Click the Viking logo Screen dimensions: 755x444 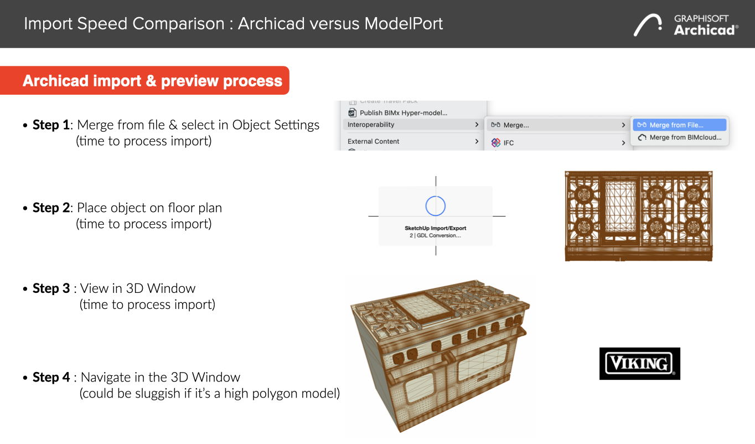pos(639,363)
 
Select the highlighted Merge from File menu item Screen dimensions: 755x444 pos(680,125)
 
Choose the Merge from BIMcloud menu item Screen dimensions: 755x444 pos(680,137)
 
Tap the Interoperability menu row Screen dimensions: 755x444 pos(413,125)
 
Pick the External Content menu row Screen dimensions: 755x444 pos(413,141)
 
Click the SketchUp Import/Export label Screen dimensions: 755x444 pos(436,228)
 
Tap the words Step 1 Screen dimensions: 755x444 pos(51,125)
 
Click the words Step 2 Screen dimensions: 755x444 pos(51,208)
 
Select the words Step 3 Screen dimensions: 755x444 pos(51,288)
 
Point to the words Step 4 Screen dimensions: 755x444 pos(51,377)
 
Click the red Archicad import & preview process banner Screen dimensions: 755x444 pos(144,80)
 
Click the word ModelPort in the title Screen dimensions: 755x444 pos(404,24)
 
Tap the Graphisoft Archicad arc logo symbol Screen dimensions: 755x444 pos(648,24)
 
